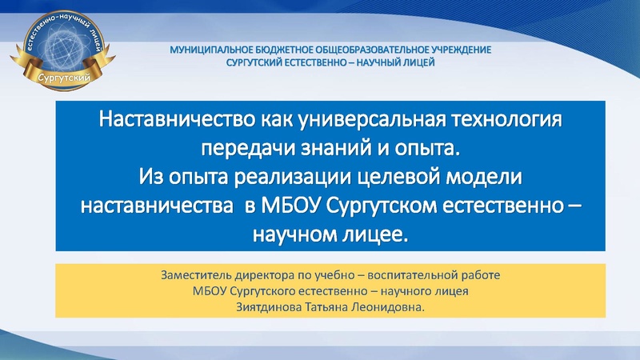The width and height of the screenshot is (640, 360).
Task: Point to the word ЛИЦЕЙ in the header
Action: [x=416, y=62]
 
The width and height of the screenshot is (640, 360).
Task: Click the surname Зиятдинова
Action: [x=270, y=305]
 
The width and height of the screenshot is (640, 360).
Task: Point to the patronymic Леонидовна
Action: [x=401, y=305]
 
